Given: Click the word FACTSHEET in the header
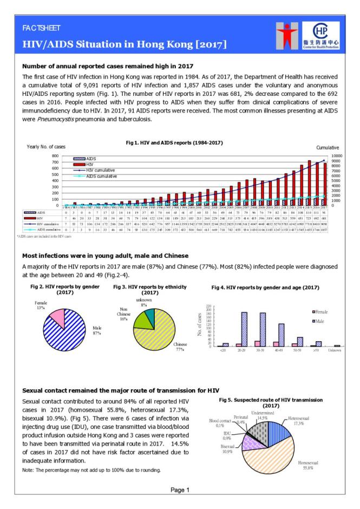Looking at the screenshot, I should pos(41,28).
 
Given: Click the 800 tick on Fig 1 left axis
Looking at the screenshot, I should pos(54,155).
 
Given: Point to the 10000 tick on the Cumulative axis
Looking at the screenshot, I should pos(330,155).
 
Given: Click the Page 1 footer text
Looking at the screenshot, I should pos(180,491).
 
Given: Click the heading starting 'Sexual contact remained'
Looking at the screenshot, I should pos(120,390).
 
